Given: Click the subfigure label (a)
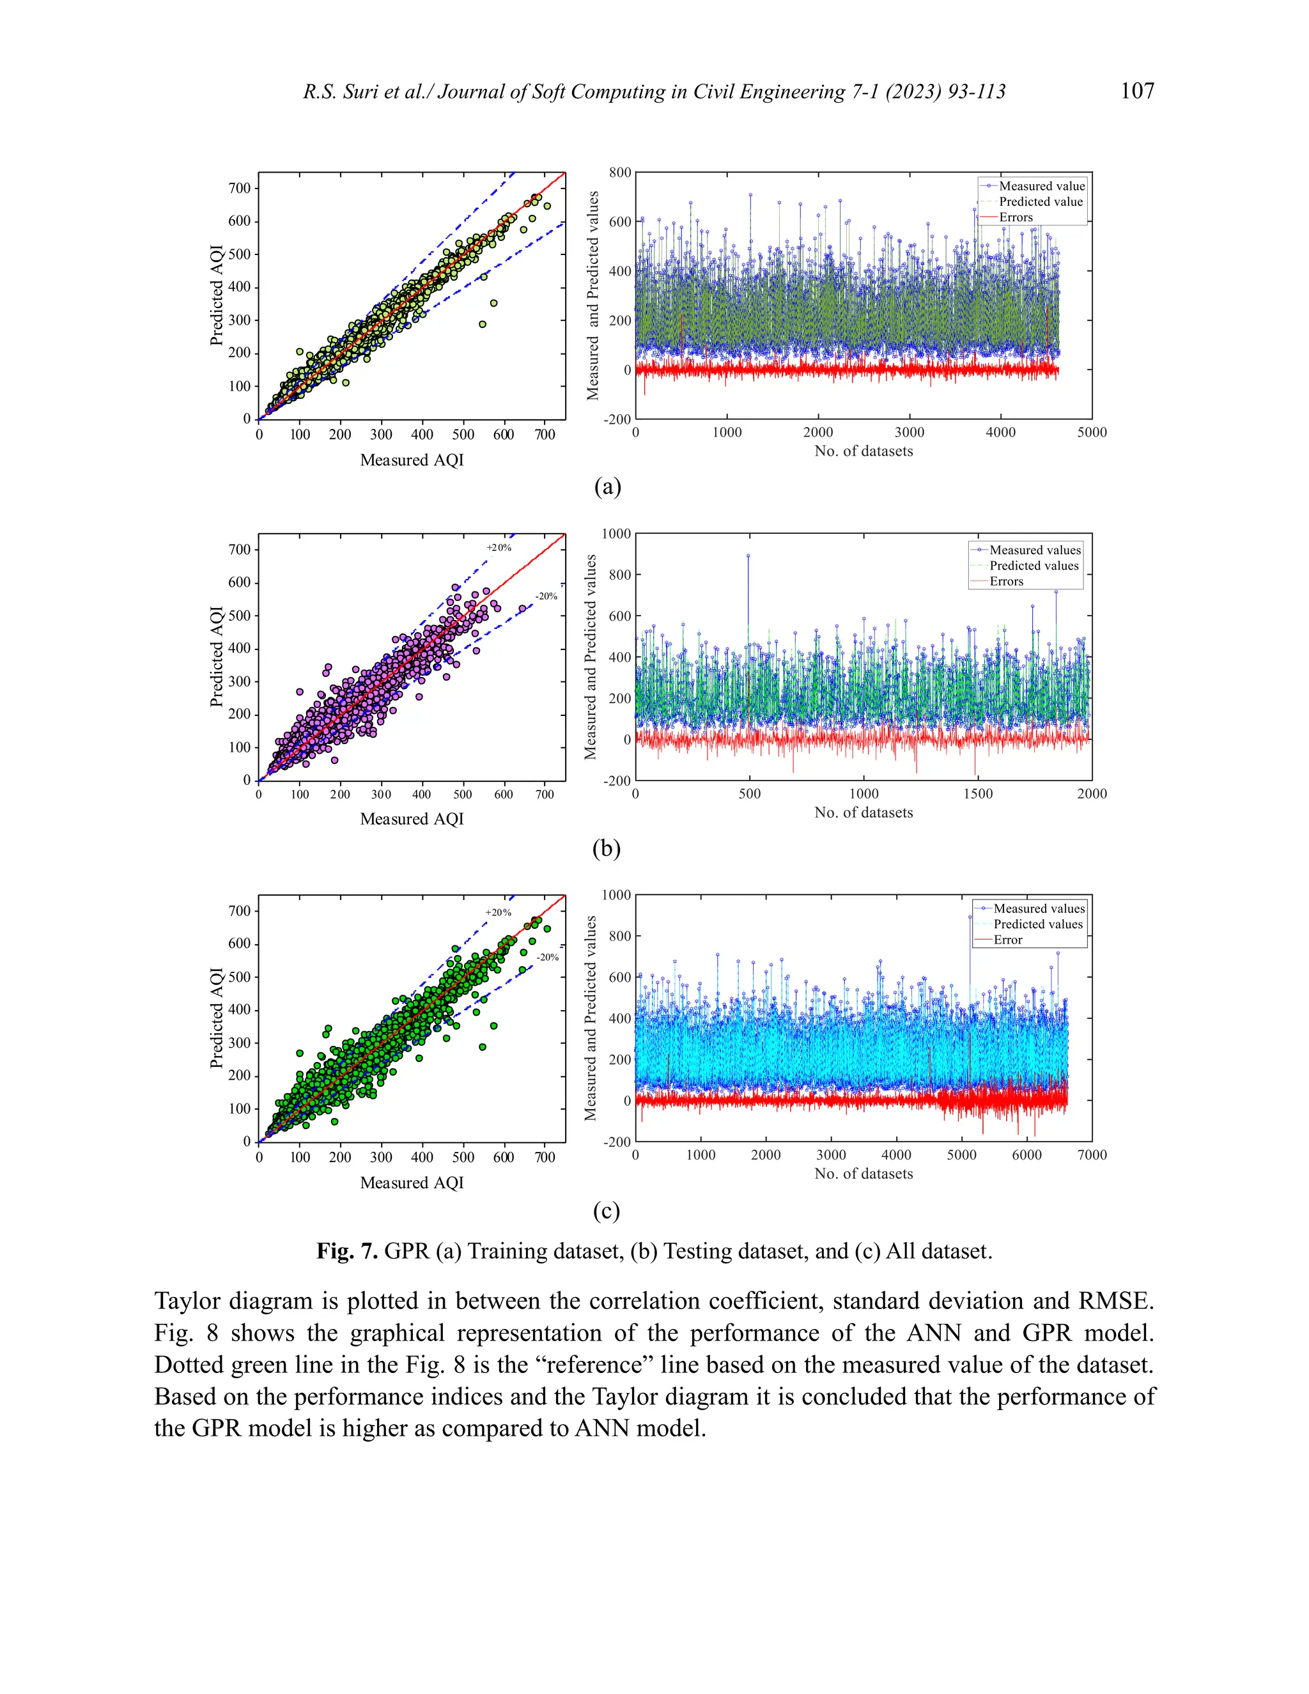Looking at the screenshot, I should point(607,486).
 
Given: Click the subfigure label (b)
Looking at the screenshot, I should point(607,848).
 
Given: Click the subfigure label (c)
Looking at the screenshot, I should point(607,1210).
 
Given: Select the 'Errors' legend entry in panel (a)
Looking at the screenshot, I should point(1015,217).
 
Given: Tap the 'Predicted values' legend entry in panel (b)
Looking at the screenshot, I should point(1034,566).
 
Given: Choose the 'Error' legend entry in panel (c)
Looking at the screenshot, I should point(1007,939).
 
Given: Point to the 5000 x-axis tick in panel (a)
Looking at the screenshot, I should point(1091,432).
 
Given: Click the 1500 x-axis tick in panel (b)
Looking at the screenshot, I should point(978,793).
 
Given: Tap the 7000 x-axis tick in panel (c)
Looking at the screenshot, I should point(1091,1155).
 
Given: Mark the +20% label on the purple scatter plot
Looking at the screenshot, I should point(499,548).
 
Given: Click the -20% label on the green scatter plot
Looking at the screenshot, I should point(548,957).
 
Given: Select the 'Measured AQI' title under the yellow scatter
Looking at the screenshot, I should point(412,460).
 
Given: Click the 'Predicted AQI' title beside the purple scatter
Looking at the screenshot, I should point(217,657).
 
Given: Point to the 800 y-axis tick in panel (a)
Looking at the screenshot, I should point(619,172).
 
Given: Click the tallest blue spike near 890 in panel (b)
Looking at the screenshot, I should point(748,556).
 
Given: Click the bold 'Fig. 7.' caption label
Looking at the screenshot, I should point(346,1251).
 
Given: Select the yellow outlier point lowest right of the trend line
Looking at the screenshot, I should point(483,324).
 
